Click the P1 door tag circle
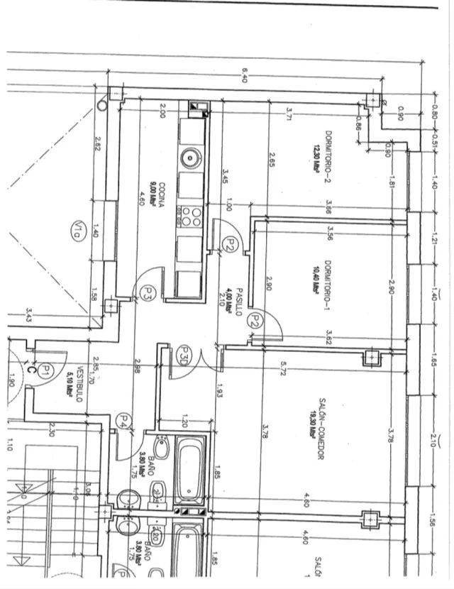pyautogui.click(x=44, y=370)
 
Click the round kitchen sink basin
pyautogui.click(x=190, y=158)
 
